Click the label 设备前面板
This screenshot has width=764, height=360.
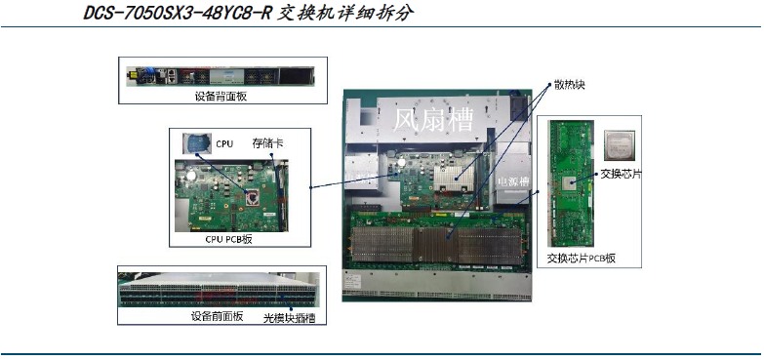pos(215,318)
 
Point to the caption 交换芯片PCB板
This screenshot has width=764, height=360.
pos(582,260)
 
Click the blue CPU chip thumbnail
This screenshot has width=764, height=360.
pos(197,143)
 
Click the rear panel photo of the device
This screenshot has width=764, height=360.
pos(221,75)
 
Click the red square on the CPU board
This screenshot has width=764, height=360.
pos(255,200)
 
